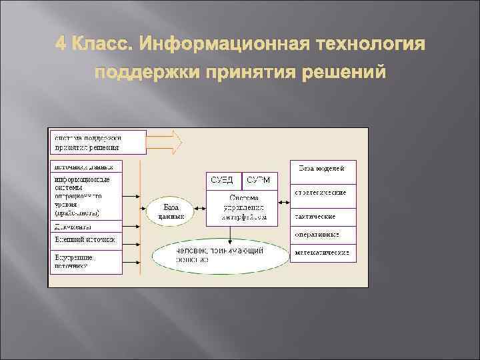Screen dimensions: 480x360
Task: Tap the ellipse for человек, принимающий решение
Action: pos(219,255)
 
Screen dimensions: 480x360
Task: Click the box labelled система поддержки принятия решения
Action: pos(97,142)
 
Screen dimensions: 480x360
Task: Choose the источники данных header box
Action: pos(86,167)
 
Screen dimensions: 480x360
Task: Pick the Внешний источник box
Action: pos(86,240)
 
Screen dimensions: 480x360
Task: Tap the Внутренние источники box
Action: pos(86,260)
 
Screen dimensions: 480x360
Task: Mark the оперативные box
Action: pos(323,235)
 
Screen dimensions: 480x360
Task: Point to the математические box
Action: pos(323,253)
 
